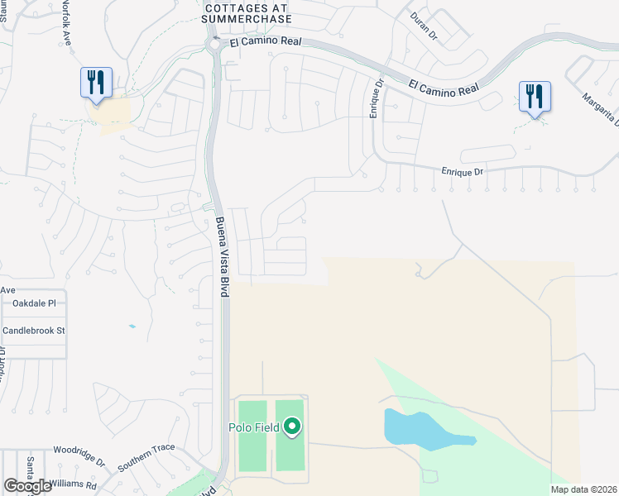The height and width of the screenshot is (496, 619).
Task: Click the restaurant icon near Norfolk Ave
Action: tap(96, 83)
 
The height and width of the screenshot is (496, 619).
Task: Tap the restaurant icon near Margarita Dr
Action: tap(535, 96)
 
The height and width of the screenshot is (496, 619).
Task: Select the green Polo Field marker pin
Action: tap(291, 427)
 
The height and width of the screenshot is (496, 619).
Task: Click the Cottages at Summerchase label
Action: tap(246, 12)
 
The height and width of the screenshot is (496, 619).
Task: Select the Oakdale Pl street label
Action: tap(34, 303)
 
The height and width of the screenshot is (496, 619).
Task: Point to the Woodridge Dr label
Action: tap(79, 455)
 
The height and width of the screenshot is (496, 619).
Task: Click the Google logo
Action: tap(27, 486)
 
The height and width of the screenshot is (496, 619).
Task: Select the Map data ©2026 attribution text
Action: tap(583, 489)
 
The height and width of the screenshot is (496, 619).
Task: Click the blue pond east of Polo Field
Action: tap(418, 428)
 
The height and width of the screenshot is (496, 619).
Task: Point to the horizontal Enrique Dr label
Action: tap(461, 170)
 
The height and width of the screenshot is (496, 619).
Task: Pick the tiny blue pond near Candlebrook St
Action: tap(132, 327)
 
